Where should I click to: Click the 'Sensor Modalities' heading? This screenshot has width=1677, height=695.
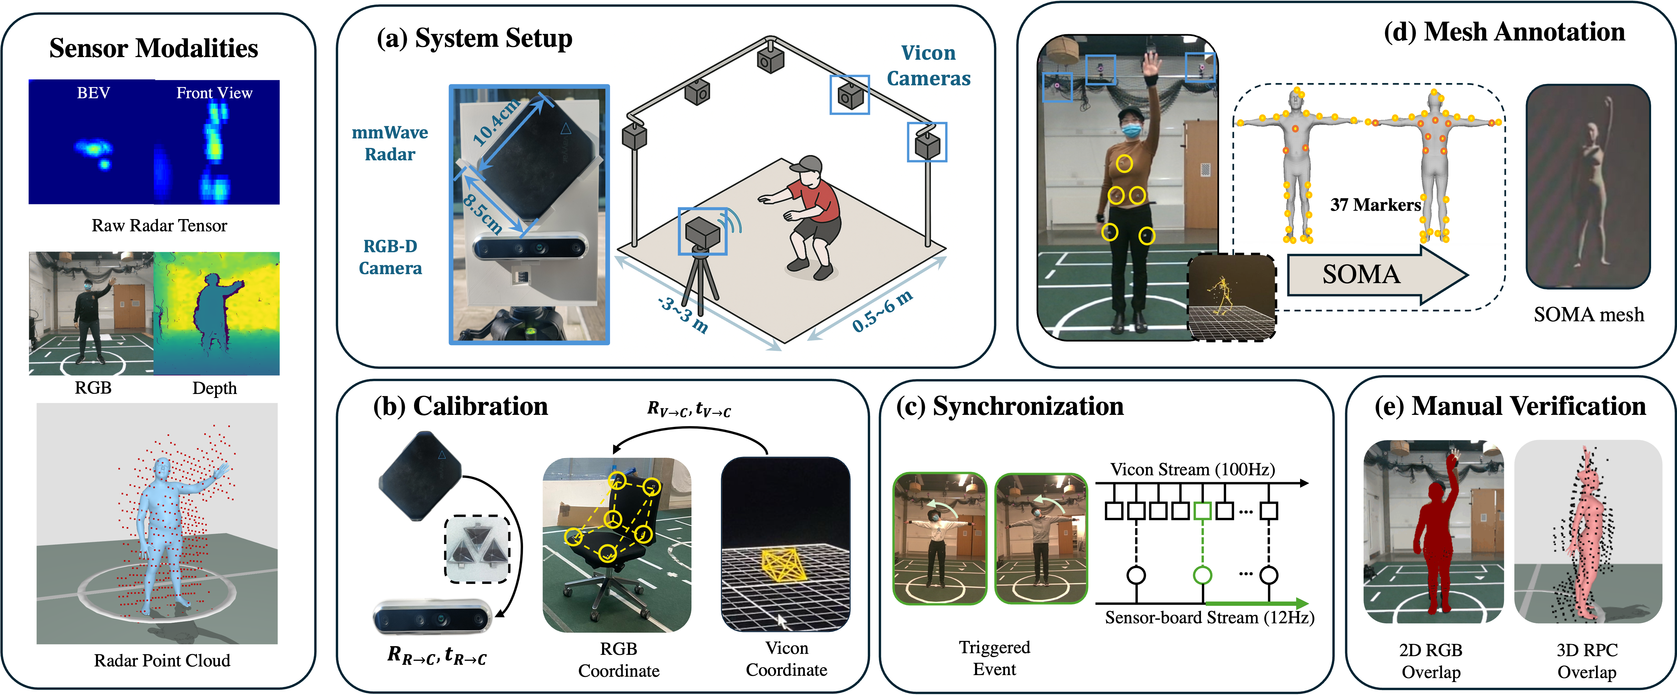[x=154, y=48]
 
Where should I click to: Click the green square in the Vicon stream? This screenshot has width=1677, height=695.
[x=1202, y=510]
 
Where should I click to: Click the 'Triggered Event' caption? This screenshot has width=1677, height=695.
[x=994, y=658]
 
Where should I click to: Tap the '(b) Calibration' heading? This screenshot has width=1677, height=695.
[x=460, y=406]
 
